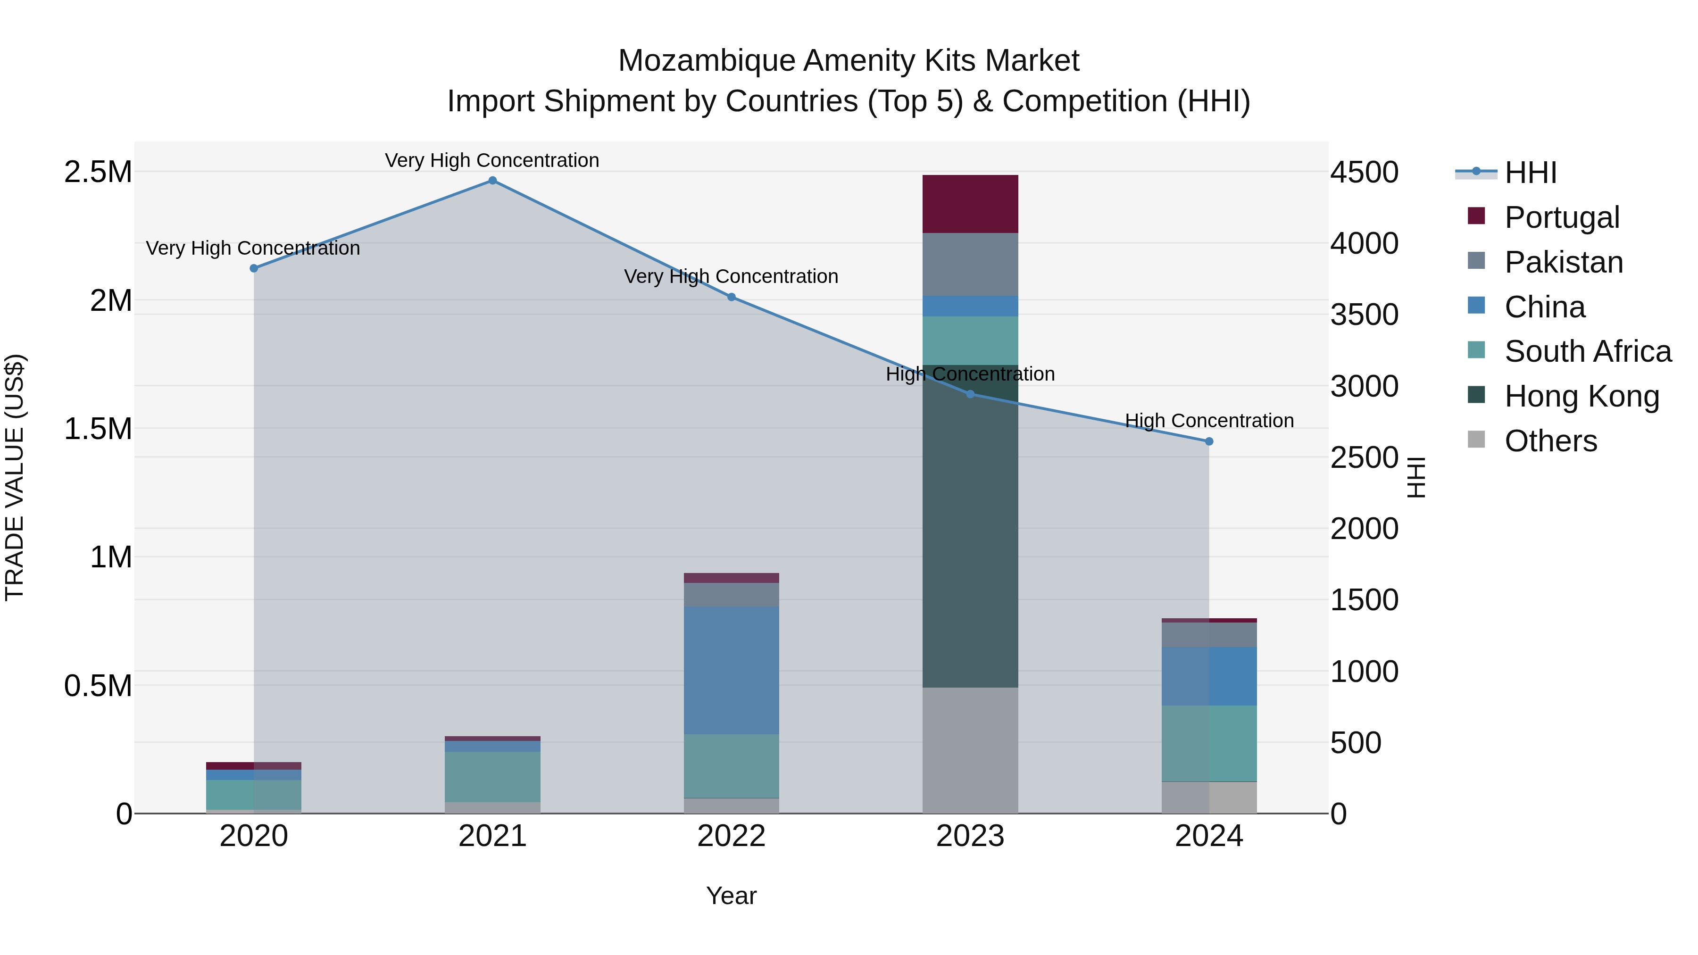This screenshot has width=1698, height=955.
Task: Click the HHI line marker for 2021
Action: pos(492,181)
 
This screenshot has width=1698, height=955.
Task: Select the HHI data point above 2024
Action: pos(1209,441)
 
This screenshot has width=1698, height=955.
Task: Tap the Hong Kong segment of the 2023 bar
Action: pos(970,527)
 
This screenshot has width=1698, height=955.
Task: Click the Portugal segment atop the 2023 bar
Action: pos(970,204)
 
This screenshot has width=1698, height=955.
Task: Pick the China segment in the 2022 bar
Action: pos(731,670)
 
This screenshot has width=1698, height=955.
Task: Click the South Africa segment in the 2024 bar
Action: pos(1209,743)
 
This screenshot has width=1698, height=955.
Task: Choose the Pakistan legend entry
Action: pos(1563,262)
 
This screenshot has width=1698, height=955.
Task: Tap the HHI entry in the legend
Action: pos(1530,173)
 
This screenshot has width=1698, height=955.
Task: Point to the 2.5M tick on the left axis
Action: pos(98,172)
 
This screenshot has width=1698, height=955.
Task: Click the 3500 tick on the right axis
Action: pos(1364,315)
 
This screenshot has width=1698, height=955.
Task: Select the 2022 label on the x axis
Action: pos(731,836)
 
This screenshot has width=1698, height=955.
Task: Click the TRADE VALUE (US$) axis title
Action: pos(15,477)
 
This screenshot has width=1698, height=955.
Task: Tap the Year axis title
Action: pos(731,896)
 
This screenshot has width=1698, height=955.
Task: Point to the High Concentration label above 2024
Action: pos(1209,421)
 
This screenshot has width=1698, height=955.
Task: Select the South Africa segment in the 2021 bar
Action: pos(492,776)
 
